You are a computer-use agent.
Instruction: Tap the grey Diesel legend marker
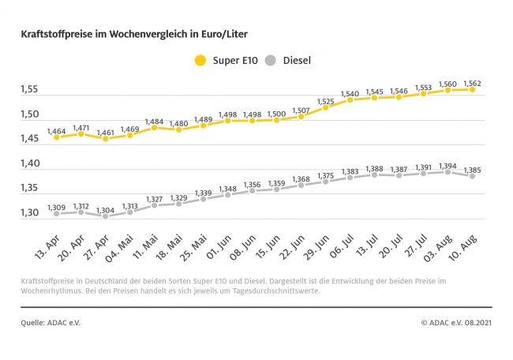coord(272,60)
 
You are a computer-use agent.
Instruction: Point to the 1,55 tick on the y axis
coord(29,90)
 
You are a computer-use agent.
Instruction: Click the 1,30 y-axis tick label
coord(29,213)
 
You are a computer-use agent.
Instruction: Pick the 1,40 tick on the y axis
coord(29,163)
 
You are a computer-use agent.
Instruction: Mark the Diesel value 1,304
coord(105,209)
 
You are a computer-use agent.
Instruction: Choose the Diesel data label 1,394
coord(449,163)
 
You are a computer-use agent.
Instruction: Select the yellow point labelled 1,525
coord(325,107)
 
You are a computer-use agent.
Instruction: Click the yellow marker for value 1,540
coord(350,99)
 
